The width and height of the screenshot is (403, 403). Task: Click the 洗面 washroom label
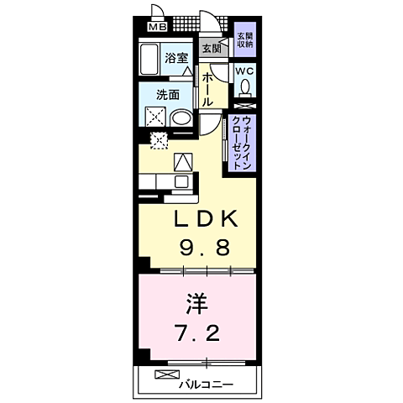169,95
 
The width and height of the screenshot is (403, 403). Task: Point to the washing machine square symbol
156,117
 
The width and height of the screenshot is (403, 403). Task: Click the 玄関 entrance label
211,49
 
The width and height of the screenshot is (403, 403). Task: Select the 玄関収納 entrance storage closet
244,41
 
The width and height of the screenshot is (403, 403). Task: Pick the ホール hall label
208,86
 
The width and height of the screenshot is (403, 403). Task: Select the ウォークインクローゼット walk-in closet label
242,143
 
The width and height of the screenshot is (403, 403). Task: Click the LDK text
207,220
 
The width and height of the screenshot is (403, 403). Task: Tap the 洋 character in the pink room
195,300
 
